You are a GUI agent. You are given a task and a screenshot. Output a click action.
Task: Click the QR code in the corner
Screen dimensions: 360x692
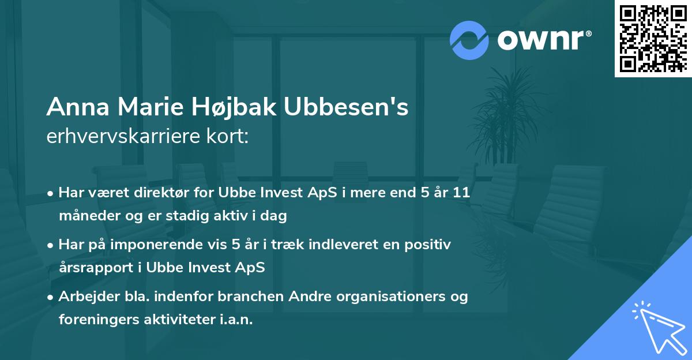point(653,38)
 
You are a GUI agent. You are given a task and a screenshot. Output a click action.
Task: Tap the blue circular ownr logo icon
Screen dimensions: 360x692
point(469,40)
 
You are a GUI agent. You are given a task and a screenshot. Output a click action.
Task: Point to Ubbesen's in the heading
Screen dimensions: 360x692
point(346,107)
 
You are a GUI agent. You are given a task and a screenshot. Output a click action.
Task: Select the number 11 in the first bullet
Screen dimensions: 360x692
point(461,193)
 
